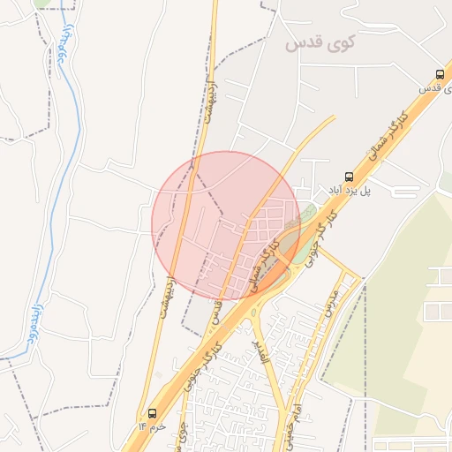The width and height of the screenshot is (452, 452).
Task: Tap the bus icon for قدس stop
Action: [x=440, y=74]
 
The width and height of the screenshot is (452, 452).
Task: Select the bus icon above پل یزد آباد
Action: [x=348, y=177]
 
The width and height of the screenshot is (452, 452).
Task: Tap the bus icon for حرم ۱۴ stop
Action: [x=153, y=412]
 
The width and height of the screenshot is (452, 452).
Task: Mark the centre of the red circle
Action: [x=226, y=225]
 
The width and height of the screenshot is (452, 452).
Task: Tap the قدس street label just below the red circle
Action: [x=215, y=311]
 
